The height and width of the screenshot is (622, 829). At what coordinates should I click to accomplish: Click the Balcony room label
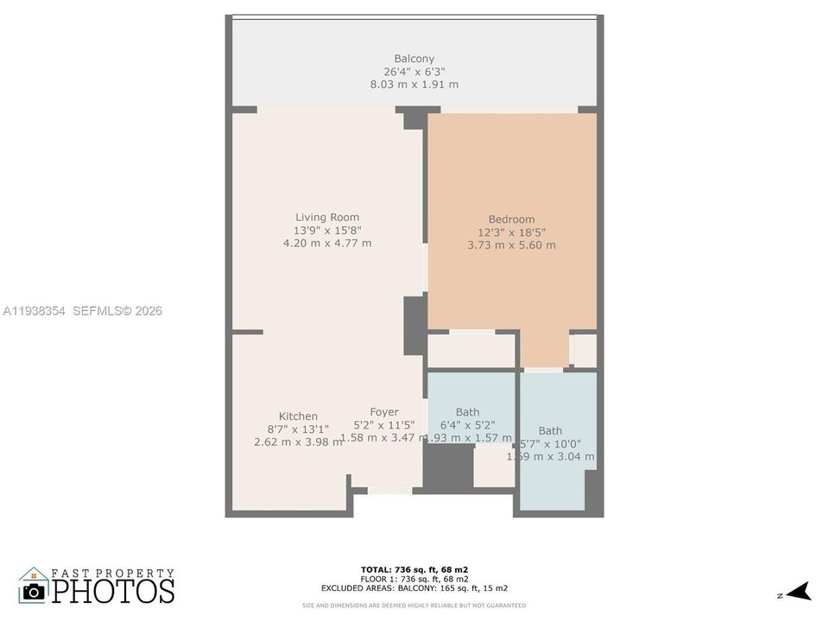coord(414,59)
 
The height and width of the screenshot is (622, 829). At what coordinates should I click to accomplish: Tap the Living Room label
coord(327,218)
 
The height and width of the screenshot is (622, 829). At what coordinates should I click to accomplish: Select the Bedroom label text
coord(511,219)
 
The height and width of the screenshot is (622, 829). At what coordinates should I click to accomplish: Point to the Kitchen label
coord(298,416)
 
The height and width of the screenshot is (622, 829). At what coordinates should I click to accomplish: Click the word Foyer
coord(384,412)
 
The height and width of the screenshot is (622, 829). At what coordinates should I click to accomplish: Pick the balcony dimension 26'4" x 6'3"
coord(414,72)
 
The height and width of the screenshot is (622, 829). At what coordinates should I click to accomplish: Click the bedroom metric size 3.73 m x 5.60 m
coord(511,245)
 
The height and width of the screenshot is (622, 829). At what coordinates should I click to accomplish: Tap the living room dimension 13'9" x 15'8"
coord(327,231)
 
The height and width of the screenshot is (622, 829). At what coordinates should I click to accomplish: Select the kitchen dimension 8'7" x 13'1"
coord(298,429)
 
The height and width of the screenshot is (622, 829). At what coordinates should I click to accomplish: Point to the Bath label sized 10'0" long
coord(550,430)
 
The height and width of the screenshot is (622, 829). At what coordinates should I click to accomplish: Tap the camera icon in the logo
coord(35,591)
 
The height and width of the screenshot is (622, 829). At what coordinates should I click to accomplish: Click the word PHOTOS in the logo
coord(112,591)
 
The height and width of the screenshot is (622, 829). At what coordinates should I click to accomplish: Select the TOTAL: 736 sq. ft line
coord(414,569)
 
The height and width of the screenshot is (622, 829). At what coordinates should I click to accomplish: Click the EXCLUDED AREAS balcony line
coord(414,587)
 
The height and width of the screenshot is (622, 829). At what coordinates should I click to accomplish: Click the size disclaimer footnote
coord(414,606)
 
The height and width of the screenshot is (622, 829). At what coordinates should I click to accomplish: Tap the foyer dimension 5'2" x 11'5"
coord(384,425)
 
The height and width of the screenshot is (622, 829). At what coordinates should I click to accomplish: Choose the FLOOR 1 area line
coord(414,578)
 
